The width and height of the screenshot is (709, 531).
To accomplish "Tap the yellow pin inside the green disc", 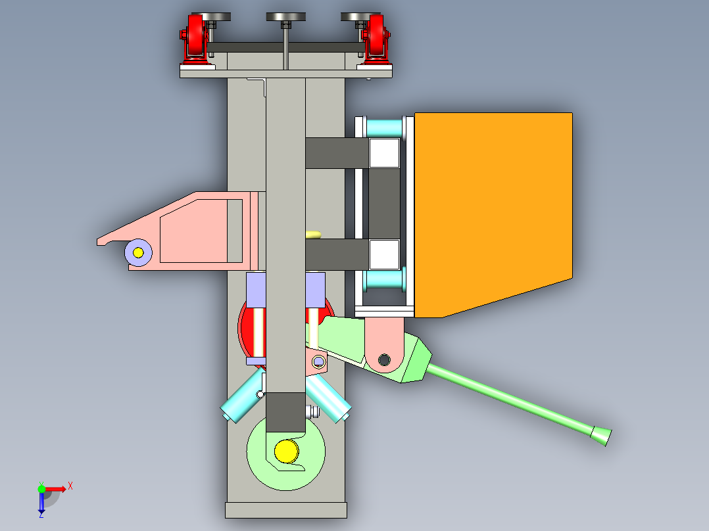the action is [x=286, y=451].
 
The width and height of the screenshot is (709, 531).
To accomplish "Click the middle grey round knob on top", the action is [x=285, y=17].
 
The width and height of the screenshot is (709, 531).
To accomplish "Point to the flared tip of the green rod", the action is [x=601, y=436].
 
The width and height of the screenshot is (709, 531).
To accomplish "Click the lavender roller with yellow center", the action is [x=138, y=252].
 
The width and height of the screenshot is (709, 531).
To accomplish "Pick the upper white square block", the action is [x=384, y=153].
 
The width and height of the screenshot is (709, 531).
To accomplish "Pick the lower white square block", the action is [x=384, y=255].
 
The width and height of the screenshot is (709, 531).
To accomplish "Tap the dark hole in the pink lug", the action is [x=384, y=359].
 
